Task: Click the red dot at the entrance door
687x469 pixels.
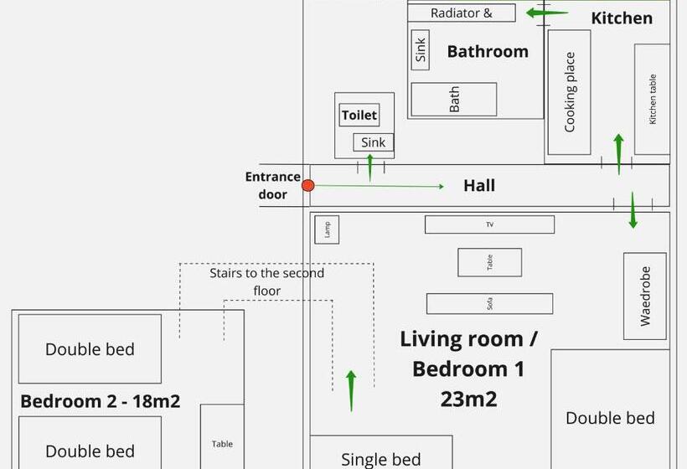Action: click(307, 185)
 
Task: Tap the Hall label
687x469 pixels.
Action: click(479, 186)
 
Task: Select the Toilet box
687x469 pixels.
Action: click(359, 116)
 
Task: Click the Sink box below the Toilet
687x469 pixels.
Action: click(373, 142)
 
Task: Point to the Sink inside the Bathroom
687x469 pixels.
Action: click(421, 50)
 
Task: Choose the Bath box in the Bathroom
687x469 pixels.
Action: click(454, 100)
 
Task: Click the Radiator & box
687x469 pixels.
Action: click(462, 13)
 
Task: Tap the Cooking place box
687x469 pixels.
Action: click(570, 92)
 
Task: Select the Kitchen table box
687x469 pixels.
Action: click(652, 99)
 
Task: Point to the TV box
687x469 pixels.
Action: click(489, 224)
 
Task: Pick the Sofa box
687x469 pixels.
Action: click(489, 303)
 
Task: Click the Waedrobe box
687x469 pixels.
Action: click(645, 296)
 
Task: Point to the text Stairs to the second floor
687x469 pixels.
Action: click(266, 282)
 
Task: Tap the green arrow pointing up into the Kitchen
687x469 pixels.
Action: click(618, 152)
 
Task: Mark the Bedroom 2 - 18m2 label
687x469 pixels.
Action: click(100, 401)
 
